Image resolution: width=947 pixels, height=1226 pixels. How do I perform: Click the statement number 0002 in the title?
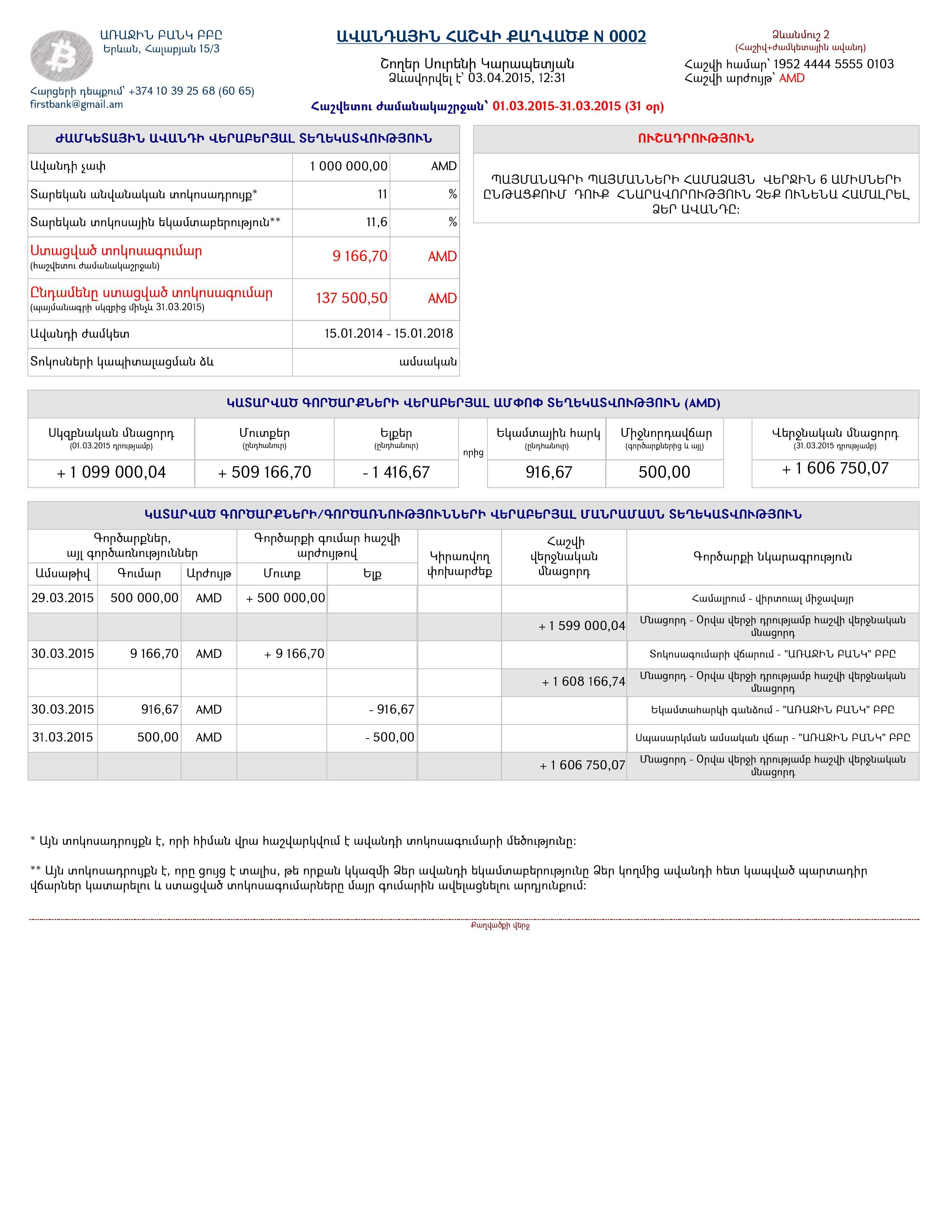tap(627, 36)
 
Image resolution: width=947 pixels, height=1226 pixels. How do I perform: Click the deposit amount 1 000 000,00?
tap(348, 166)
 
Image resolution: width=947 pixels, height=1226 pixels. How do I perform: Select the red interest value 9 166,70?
tap(359, 257)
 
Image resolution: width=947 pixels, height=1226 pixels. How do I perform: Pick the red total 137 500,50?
tap(351, 298)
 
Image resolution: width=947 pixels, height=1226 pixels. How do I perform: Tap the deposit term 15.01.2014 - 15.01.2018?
tap(388, 334)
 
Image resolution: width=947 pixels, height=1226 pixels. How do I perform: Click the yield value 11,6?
tap(377, 222)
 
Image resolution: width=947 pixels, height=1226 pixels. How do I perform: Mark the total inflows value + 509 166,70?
tap(264, 473)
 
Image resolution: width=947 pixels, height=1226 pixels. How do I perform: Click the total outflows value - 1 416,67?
tap(396, 473)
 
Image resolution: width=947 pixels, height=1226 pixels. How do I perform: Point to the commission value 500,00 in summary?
tap(664, 472)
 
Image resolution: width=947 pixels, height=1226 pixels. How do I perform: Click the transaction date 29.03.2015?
tap(62, 598)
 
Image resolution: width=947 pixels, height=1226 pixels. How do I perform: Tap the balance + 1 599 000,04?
tap(582, 626)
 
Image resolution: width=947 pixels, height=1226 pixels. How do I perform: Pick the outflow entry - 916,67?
tap(391, 710)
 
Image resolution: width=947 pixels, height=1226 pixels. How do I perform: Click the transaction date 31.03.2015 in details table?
tap(62, 737)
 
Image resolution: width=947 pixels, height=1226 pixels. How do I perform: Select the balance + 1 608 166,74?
tap(583, 681)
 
